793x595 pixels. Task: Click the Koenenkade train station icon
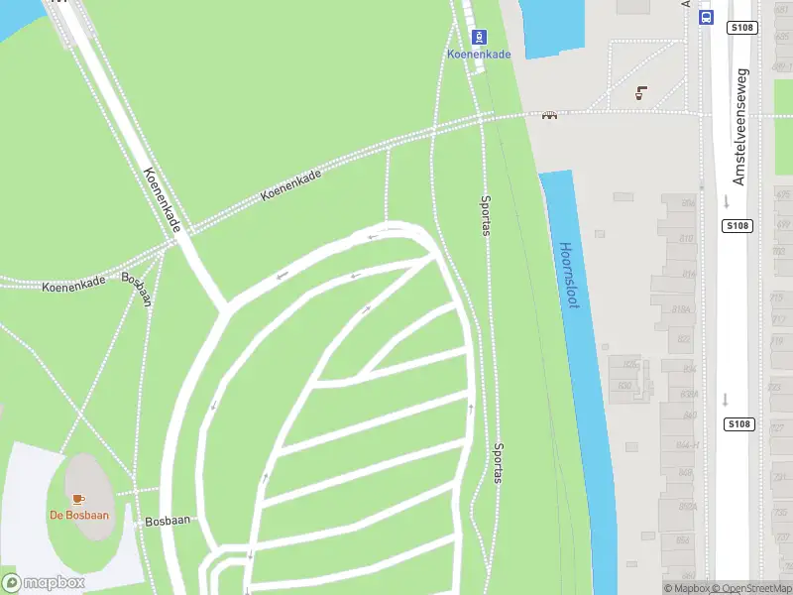point(480,37)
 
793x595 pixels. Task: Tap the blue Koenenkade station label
point(479,55)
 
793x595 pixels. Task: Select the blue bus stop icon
point(706,17)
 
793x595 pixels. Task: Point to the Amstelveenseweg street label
point(739,126)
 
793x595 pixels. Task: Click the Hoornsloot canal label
point(568,276)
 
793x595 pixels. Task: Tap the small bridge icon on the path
point(548,114)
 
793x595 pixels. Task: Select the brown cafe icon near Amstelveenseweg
point(641,93)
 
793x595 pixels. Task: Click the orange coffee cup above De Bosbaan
point(78,498)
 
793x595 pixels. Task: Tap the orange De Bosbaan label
point(79,515)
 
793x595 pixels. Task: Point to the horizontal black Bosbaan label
point(167,520)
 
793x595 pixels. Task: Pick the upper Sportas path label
point(485,212)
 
